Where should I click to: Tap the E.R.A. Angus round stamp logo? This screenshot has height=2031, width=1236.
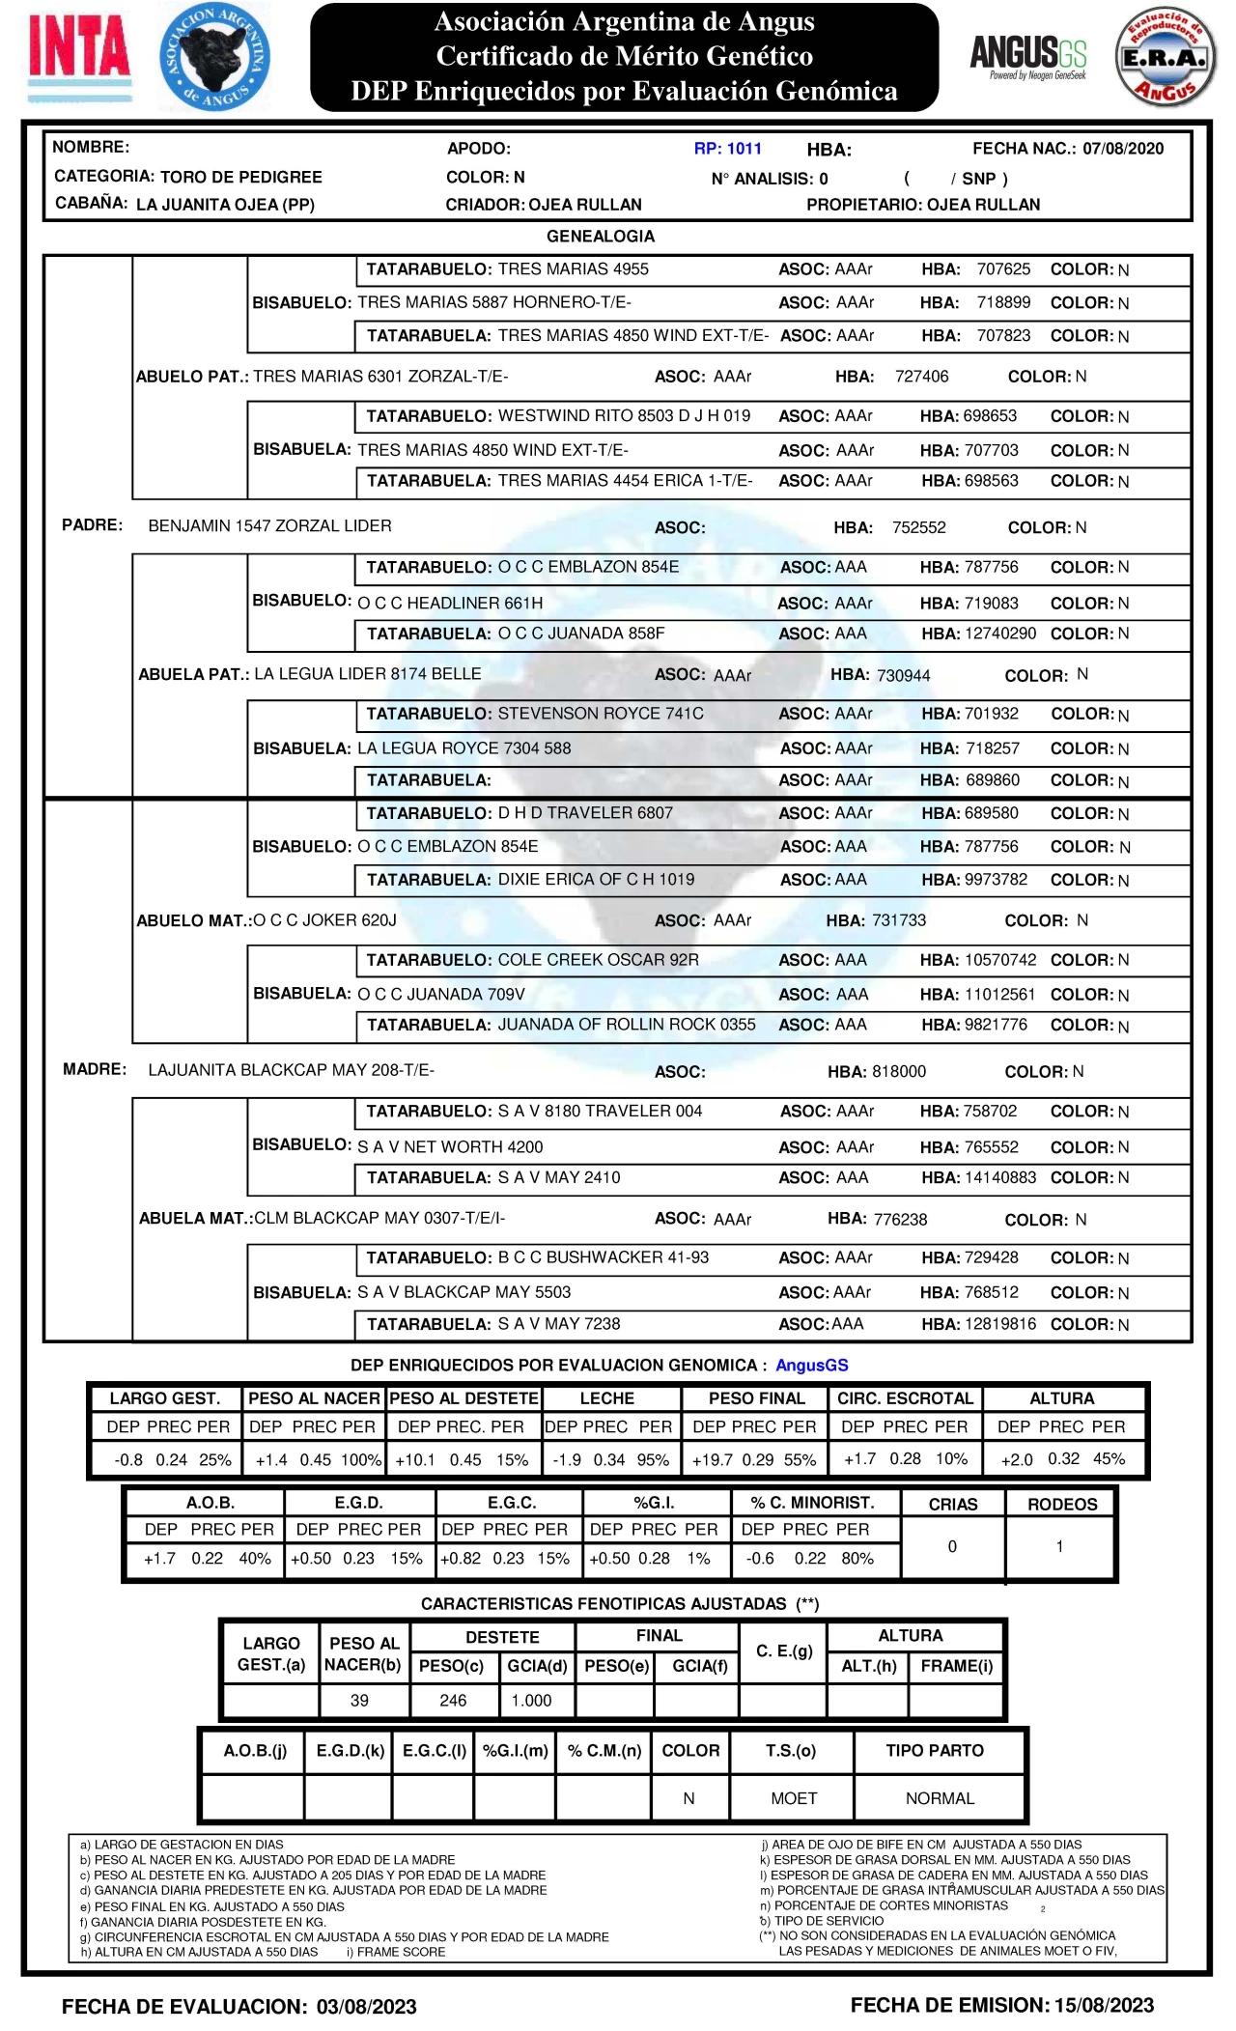pyautogui.click(x=1166, y=58)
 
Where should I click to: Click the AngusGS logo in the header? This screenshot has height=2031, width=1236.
pyautogui.click(x=1027, y=56)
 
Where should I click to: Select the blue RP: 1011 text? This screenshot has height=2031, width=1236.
pyautogui.click(x=727, y=149)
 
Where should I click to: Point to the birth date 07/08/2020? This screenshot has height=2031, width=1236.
pyautogui.click(x=1123, y=149)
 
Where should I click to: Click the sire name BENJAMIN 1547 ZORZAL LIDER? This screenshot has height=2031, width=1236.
pyautogui.click(x=269, y=526)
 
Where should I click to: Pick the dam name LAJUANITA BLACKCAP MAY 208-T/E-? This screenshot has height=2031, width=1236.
pyautogui.click(x=291, y=1070)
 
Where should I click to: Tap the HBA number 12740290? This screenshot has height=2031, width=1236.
pyautogui.click(x=1000, y=634)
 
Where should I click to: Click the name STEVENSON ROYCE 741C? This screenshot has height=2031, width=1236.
pyautogui.click(x=601, y=714)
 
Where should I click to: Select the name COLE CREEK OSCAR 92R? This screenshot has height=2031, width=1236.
pyautogui.click(x=598, y=960)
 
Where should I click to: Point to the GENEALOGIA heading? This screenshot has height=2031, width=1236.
pyautogui.click(x=601, y=237)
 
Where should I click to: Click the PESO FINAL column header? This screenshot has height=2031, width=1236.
pyautogui.click(x=756, y=1398)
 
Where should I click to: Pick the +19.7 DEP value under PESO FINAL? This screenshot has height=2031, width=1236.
pyautogui.click(x=713, y=1460)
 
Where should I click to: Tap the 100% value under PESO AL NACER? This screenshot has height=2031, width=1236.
pyautogui.click(x=361, y=1460)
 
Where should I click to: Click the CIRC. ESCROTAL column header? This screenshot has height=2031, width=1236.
pyautogui.click(x=905, y=1398)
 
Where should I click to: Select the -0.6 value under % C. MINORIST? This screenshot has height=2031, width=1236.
pyautogui.click(x=761, y=1559)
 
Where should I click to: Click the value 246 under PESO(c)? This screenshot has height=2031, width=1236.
pyautogui.click(x=453, y=1701)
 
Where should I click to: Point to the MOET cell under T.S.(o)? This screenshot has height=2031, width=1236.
pyautogui.click(x=794, y=1798)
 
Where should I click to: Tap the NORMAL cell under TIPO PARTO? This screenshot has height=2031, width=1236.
pyautogui.click(x=940, y=1798)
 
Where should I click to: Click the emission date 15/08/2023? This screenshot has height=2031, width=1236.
pyautogui.click(x=1104, y=2006)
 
